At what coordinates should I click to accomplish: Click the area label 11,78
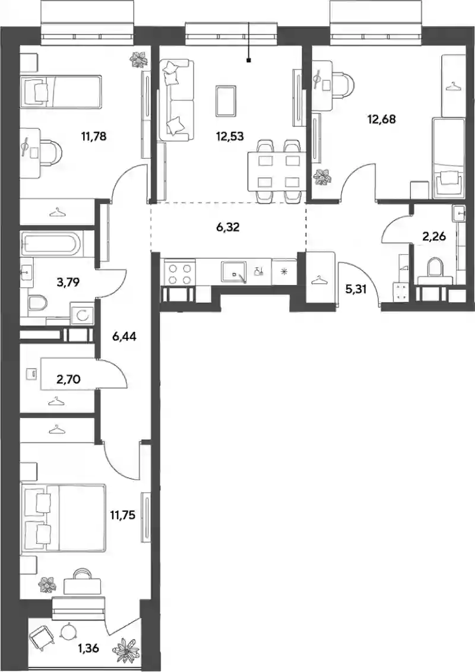(93, 137)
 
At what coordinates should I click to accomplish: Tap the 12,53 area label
(230, 137)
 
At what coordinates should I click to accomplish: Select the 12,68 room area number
(382, 119)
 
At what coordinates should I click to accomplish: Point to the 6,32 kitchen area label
(227, 227)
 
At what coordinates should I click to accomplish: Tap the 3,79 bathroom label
(68, 283)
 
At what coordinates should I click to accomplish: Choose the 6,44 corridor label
(124, 337)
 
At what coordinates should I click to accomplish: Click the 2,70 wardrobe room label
(68, 379)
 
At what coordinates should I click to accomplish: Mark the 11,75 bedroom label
(122, 515)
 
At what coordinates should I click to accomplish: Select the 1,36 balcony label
(88, 648)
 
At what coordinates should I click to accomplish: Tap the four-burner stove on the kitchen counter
(180, 274)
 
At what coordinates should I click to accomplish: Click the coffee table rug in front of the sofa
(226, 101)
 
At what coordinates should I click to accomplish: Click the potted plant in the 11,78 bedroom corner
(138, 59)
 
